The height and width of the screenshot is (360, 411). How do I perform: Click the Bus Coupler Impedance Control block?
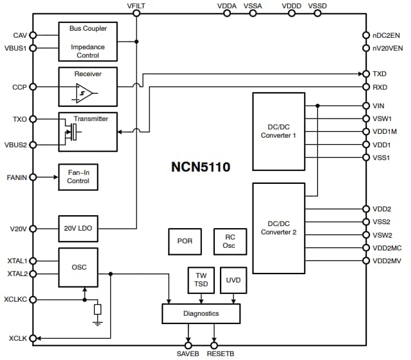pyautogui.click(x=88, y=42)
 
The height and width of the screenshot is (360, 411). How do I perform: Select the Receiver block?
pyautogui.click(x=88, y=86)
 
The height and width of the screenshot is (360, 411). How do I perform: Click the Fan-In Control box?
pyautogui.click(x=78, y=177)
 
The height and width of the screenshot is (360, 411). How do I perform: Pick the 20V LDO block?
pyautogui.click(x=78, y=228)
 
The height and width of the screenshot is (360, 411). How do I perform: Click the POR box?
pyautogui.click(x=185, y=241)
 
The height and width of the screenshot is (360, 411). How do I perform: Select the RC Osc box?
pyautogui.click(x=230, y=241)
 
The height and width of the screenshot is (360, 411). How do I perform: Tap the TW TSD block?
pyautogui.click(x=201, y=280)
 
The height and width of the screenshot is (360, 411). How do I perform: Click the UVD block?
pyautogui.click(x=233, y=280)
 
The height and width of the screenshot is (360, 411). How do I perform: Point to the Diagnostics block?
pyautogui.click(x=201, y=313)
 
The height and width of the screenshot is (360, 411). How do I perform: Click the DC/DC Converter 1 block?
pyautogui.click(x=278, y=131)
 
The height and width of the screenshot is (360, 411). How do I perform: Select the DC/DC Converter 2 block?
pyautogui.click(x=278, y=227)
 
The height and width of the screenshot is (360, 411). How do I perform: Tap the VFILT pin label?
pyautogui.click(x=137, y=6)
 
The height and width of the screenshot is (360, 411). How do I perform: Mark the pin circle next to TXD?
pyautogui.click(x=365, y=74)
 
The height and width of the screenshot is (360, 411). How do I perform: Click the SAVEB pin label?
pyautogui.click(x=189, y=353)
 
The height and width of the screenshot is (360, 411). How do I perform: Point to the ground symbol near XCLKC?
pyautogui.click(x=97, y=322)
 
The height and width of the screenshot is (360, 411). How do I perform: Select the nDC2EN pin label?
pyautogui.click(x=386, y=35)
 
